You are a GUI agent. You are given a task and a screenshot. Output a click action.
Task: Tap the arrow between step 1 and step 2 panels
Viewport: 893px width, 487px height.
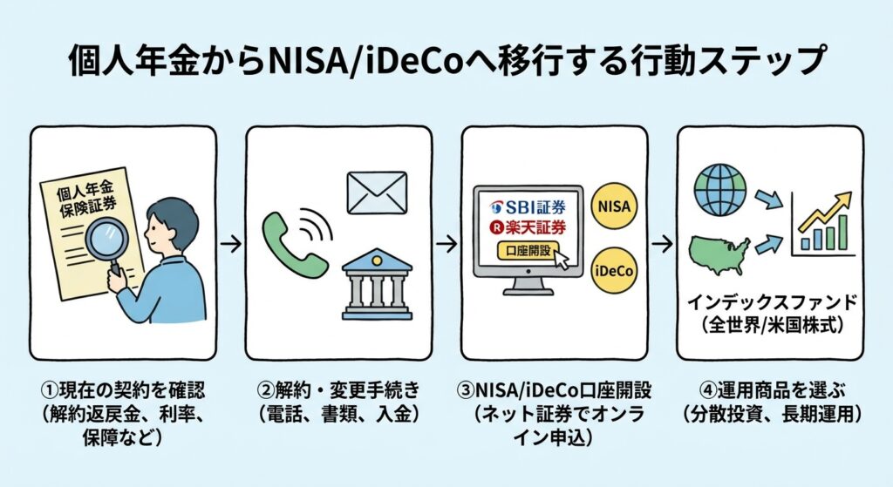click(231, 244)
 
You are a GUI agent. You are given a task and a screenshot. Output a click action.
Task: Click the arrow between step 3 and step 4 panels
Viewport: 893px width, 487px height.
click(662, 244)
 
